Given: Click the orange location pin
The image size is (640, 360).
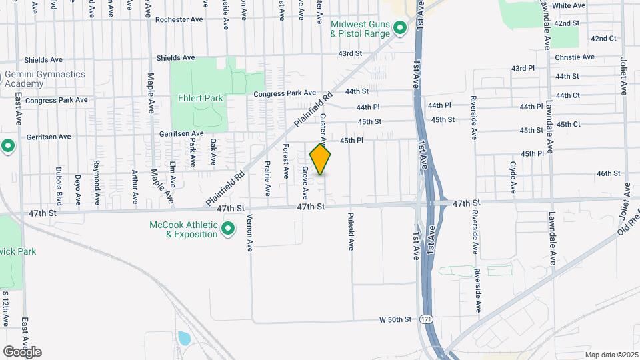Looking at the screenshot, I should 321,159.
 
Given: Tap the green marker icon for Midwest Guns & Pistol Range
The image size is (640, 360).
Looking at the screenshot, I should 399,28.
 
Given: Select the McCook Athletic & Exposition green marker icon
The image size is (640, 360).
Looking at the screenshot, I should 228,230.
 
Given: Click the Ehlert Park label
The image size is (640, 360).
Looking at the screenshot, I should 200,98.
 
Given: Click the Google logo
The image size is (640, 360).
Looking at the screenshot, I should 22,352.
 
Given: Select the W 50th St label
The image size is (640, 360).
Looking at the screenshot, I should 396,320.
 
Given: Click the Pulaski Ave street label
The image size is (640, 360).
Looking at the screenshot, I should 350,232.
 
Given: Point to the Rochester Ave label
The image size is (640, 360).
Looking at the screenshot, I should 179,20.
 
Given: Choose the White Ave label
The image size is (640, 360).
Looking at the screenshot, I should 569,5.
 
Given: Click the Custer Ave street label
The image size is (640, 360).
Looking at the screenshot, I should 323,129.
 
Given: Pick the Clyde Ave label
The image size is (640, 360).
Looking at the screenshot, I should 513,176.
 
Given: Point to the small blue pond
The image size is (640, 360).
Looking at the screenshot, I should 184,338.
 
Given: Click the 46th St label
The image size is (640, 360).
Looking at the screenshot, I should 609,173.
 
